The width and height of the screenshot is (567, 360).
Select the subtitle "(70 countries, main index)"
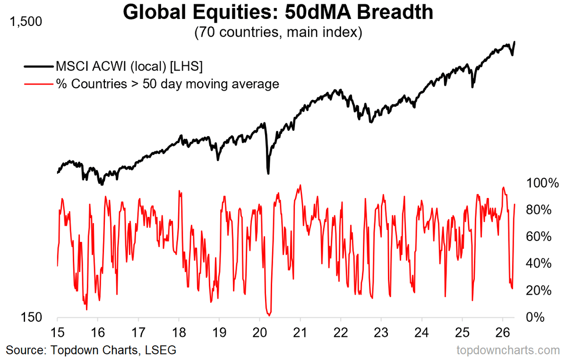click(277, 33)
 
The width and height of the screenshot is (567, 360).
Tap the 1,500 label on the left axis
click(23, 22)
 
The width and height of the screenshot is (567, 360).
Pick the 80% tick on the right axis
click(538, 210)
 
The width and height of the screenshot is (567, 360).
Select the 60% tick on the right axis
click(538, 236)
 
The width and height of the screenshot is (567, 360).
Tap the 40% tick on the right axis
click(538, 263)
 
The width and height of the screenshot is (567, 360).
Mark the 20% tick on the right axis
click(538, 290)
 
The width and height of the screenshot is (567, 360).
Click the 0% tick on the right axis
click(541, 317)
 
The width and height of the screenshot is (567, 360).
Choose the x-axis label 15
click(57, 331)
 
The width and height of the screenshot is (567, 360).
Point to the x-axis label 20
click(260, 331)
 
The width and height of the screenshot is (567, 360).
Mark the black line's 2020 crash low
click(268, 173)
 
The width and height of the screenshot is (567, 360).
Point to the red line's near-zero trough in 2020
click(269, 314)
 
